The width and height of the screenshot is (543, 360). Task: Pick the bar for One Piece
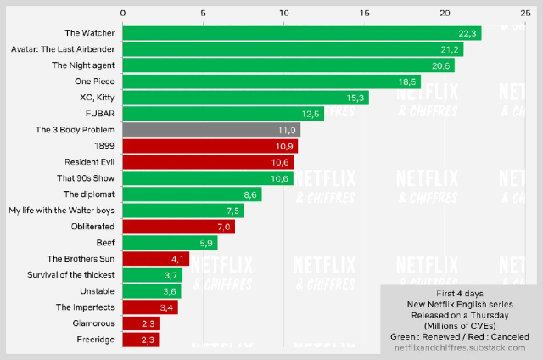[271, 82]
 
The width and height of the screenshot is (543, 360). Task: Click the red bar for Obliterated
[178, 227]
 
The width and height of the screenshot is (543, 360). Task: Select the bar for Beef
[170, 243]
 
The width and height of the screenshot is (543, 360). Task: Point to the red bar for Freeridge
[141, 340]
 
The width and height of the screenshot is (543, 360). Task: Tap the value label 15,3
[356, 98]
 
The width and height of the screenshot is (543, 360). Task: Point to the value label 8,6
[250, 194]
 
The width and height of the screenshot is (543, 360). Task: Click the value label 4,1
[177, 259]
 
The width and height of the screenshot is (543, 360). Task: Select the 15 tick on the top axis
[365, 13]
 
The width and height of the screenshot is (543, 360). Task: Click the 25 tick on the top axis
[525, 13]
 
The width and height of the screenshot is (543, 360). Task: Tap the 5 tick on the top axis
[204, 13]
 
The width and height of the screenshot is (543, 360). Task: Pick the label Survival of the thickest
[70, 275]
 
